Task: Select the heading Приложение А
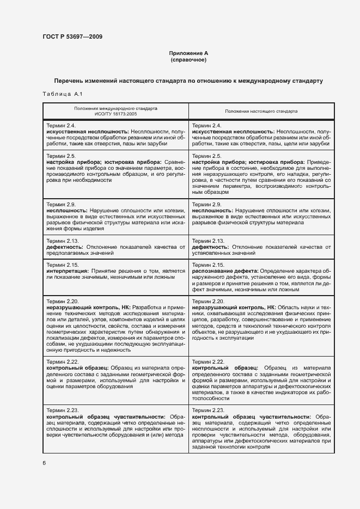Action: click(188, 53)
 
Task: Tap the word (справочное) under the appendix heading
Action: click(188, 60)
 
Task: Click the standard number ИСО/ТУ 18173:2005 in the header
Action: click(116, 114)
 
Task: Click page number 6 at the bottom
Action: click(44, 463)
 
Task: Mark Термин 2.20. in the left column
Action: click(63, 301)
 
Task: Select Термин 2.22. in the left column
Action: click(63, 361)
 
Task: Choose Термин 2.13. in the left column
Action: click(63, 241)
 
